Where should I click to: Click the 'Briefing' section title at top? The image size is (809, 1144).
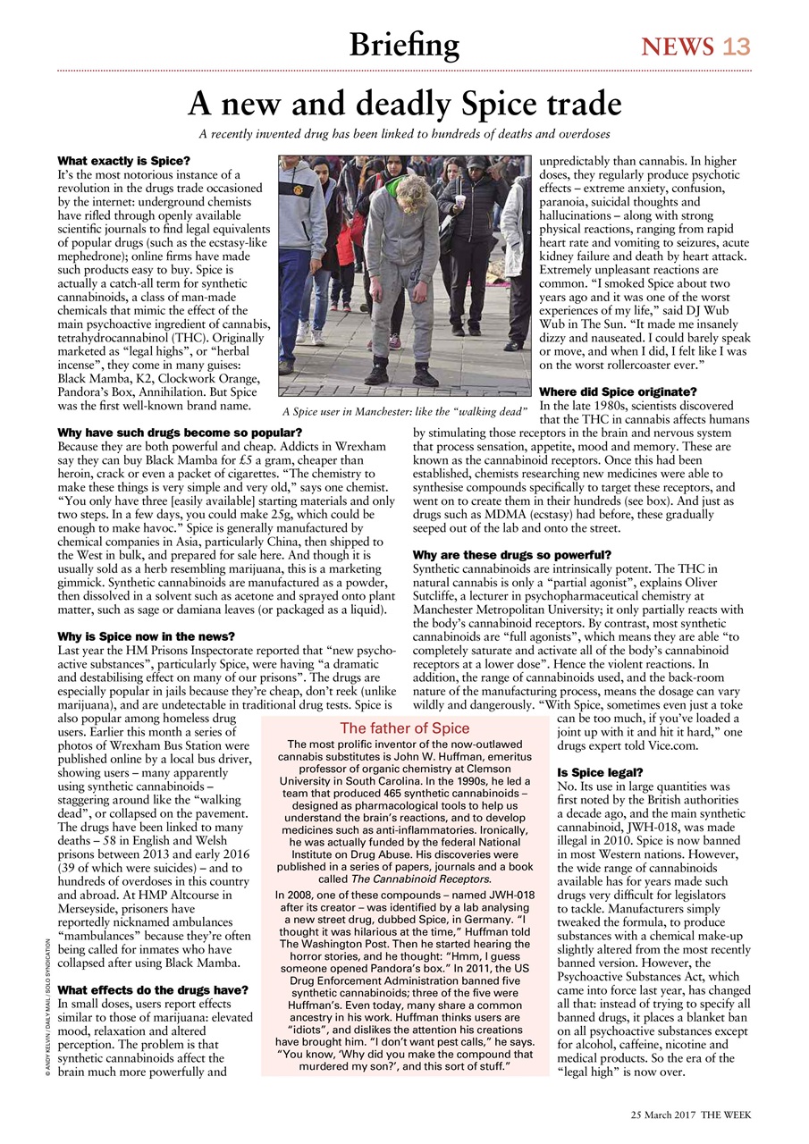[x=404, y=45]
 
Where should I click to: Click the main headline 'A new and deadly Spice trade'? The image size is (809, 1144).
[x=404, y=105]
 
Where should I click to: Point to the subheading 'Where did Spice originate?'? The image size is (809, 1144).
[x=619, y=391]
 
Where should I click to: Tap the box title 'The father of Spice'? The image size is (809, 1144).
[x=404, y=728]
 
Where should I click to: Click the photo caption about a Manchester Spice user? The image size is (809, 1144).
[x=405, y=411]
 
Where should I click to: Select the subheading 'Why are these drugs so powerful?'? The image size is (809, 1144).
[x=512, y=555]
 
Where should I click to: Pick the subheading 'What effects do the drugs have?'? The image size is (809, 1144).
[x=152, y=990]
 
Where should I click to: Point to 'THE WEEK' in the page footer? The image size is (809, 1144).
[x=726, y=1115]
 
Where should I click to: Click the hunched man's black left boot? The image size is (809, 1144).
[x=376, y=369]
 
